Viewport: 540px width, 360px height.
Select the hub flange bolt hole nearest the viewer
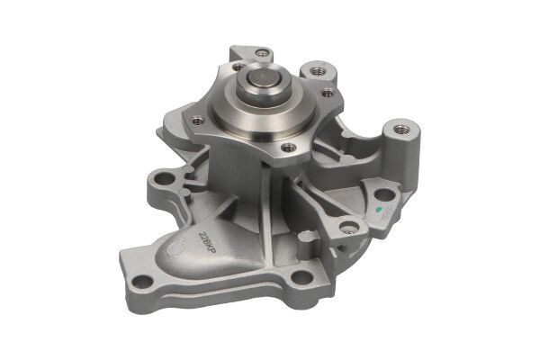click(x=288, y=147)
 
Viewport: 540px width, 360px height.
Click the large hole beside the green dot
click(x=384, y=193)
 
